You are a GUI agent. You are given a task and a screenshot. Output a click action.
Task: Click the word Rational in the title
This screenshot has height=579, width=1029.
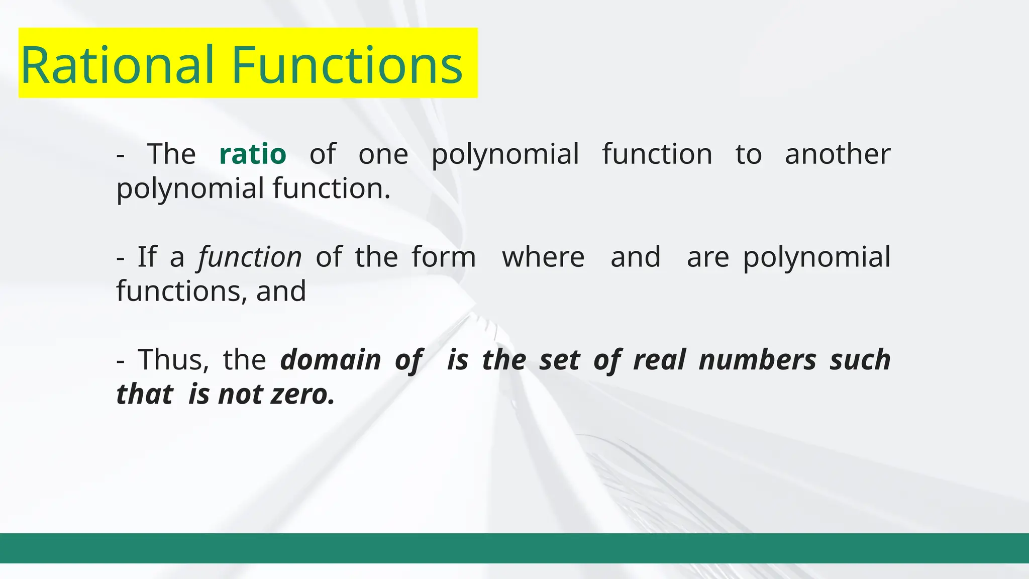[x=117, y=65]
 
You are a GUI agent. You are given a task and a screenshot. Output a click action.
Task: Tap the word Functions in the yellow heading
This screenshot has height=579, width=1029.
[x=347, y=65]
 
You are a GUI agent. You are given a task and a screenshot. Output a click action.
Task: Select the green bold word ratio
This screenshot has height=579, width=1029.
[x=253, y=154]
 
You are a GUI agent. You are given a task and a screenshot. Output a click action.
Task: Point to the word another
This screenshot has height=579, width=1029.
[x=838, y=154]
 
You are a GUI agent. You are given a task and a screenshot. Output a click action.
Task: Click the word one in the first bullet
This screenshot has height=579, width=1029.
[x=383, y=154]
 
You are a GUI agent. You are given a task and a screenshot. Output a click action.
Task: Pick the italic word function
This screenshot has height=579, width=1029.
[x=250, y=257]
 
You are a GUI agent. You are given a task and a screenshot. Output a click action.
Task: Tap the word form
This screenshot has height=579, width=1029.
[x=444, y=257]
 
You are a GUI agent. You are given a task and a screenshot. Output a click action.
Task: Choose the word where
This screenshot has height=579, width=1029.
[x=543, y=257]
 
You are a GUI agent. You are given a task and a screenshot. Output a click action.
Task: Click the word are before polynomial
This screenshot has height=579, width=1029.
[x=707, y=257]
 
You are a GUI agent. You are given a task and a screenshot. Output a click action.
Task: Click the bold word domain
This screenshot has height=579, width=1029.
[x=331, y=360]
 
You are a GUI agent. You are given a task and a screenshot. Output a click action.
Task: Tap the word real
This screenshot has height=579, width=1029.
[x=659, y=360]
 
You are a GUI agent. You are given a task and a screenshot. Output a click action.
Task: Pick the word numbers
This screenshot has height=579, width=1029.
[x=757, y=360]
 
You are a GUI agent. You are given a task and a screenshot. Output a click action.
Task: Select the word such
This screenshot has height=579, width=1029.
[x=860, y=360]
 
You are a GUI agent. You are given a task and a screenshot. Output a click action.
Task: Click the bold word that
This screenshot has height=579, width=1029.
[x=145, y=394]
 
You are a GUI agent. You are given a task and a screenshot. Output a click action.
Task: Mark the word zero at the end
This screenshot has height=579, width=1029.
[x=302, y=394]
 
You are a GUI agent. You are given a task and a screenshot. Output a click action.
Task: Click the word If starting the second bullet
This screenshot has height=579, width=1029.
[x=147, y=257]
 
